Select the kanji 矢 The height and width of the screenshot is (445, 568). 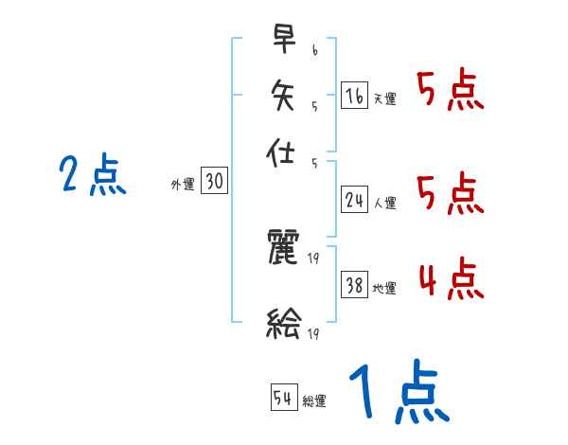tap(283, 96)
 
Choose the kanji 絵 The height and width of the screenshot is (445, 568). tap(283, 325)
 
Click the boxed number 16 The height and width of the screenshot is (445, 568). tap(354, 96)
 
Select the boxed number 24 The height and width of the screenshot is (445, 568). tap(354, 200)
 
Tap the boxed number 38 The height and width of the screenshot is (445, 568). tap(354, 285)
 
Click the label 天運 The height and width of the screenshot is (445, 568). tap(384, 98)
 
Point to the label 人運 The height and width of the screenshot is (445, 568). tap(384, 203)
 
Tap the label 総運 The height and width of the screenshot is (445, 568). tap(314, 400)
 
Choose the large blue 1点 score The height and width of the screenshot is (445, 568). tap(398, 393)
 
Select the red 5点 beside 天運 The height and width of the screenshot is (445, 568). tap(450, 91)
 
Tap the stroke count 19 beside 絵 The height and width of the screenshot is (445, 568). tap(314, 333)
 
